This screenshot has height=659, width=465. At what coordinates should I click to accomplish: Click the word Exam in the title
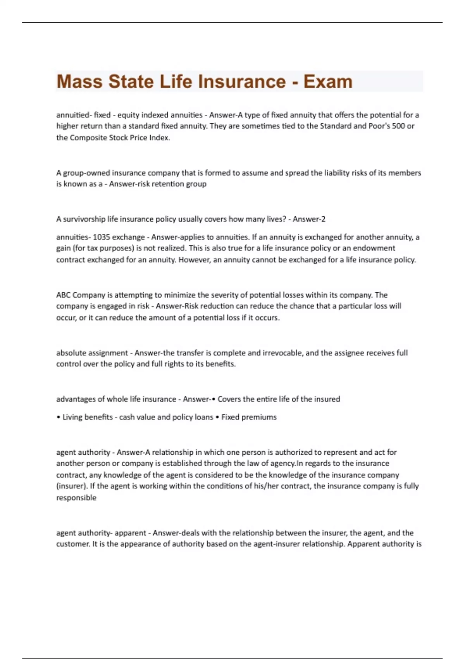pyautogui.click(x=328, y=81)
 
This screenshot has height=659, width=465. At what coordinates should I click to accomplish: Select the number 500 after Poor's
pyautogui.click(x=398, y=126)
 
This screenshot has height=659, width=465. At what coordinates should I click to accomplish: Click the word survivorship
pyautogui.click(x=84, y=219)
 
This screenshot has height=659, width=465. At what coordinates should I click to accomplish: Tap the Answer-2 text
pyautogui.click(x=309, y=219)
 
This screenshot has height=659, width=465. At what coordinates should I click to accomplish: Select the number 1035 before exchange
pyautogui.click(x=102, y=237)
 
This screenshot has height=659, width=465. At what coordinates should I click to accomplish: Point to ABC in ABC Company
pyautogui.click(x=63, y=295)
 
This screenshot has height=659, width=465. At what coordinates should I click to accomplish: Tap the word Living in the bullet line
pyautogui.click(x=72, y=417)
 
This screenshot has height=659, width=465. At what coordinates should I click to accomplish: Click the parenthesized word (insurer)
pyautogui.click(x=72, y=486)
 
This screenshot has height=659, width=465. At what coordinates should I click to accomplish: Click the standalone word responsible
pyautogui.click(x=76, y=498)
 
